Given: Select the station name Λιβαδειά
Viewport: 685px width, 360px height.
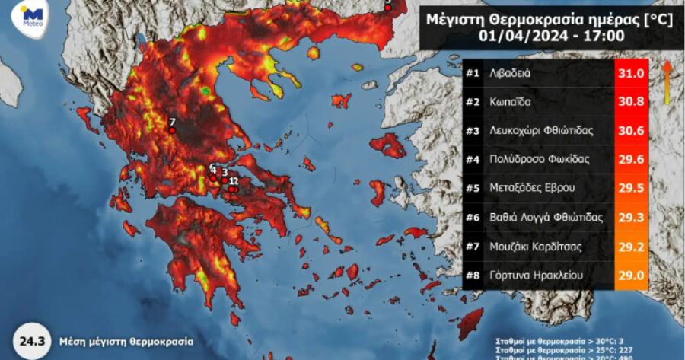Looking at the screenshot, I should [521, 74].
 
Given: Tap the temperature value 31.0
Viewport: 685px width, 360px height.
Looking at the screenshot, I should [630, 74].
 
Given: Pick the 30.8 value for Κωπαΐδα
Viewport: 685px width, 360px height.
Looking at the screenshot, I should [630, 103].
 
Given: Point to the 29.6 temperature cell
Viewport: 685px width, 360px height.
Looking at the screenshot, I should [630, 160].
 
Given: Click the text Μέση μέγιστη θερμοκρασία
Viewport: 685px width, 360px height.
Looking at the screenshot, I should [122, 342].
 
